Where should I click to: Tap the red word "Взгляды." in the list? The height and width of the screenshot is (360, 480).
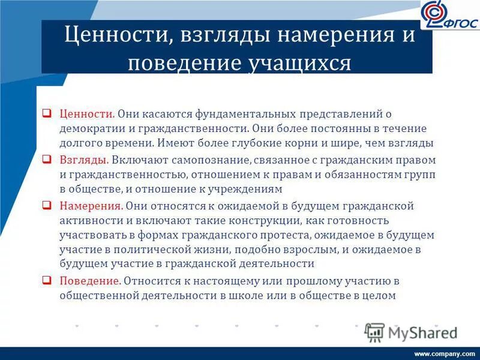(x=84, y=160)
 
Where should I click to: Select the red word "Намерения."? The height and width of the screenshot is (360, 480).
(x=91, y=206)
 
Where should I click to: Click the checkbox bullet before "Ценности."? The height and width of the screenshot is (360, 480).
(x=46, y=113)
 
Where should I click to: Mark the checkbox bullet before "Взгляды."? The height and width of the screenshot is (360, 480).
(x=46, y=160)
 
